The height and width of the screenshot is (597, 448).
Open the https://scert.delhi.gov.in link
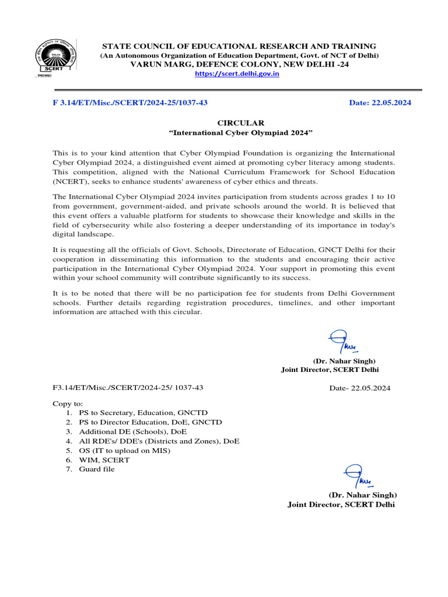click(237, 74)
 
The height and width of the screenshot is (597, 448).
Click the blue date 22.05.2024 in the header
click(380, 103)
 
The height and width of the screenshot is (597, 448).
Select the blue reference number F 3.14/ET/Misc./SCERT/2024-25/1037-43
click(130, 103)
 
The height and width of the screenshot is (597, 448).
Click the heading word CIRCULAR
click(241, 122)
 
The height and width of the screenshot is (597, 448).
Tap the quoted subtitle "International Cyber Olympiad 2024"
click(241, 132)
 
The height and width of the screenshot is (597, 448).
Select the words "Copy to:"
click(68, 403)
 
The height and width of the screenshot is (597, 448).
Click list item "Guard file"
click(97, 469)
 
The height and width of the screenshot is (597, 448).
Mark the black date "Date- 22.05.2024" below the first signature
click(360, 388)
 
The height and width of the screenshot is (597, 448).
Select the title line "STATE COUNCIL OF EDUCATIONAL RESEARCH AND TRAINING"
click(239, 46)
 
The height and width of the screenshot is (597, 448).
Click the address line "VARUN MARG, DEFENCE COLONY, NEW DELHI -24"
click(239, 64)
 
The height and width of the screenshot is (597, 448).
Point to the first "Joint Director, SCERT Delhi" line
click(330, 370)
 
